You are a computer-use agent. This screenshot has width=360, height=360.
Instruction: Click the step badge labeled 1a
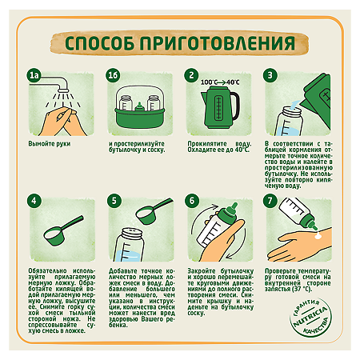click(x=34, y=76)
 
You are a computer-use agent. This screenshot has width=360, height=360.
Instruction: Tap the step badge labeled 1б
click(x=114, y=76)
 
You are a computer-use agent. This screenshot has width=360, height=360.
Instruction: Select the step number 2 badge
click(x=192, y=76)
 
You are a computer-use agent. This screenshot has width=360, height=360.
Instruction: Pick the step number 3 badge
click(x=271, y=76)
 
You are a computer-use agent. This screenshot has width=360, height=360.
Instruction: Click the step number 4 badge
click(x=34, y=201)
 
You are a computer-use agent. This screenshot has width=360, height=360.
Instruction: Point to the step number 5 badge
click(x=114, y=201)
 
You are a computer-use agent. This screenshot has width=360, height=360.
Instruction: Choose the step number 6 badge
click(x=192, y=201)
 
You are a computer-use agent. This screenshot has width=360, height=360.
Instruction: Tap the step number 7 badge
click(x=271, y=201)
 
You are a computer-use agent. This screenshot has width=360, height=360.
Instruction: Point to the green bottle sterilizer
click(x=136, y=106)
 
